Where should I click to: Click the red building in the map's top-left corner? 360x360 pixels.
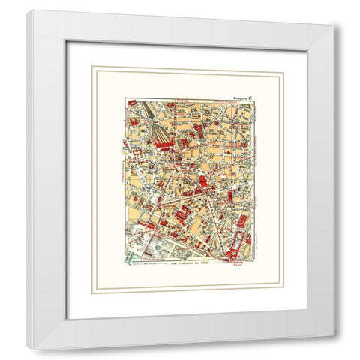[130, 102]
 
